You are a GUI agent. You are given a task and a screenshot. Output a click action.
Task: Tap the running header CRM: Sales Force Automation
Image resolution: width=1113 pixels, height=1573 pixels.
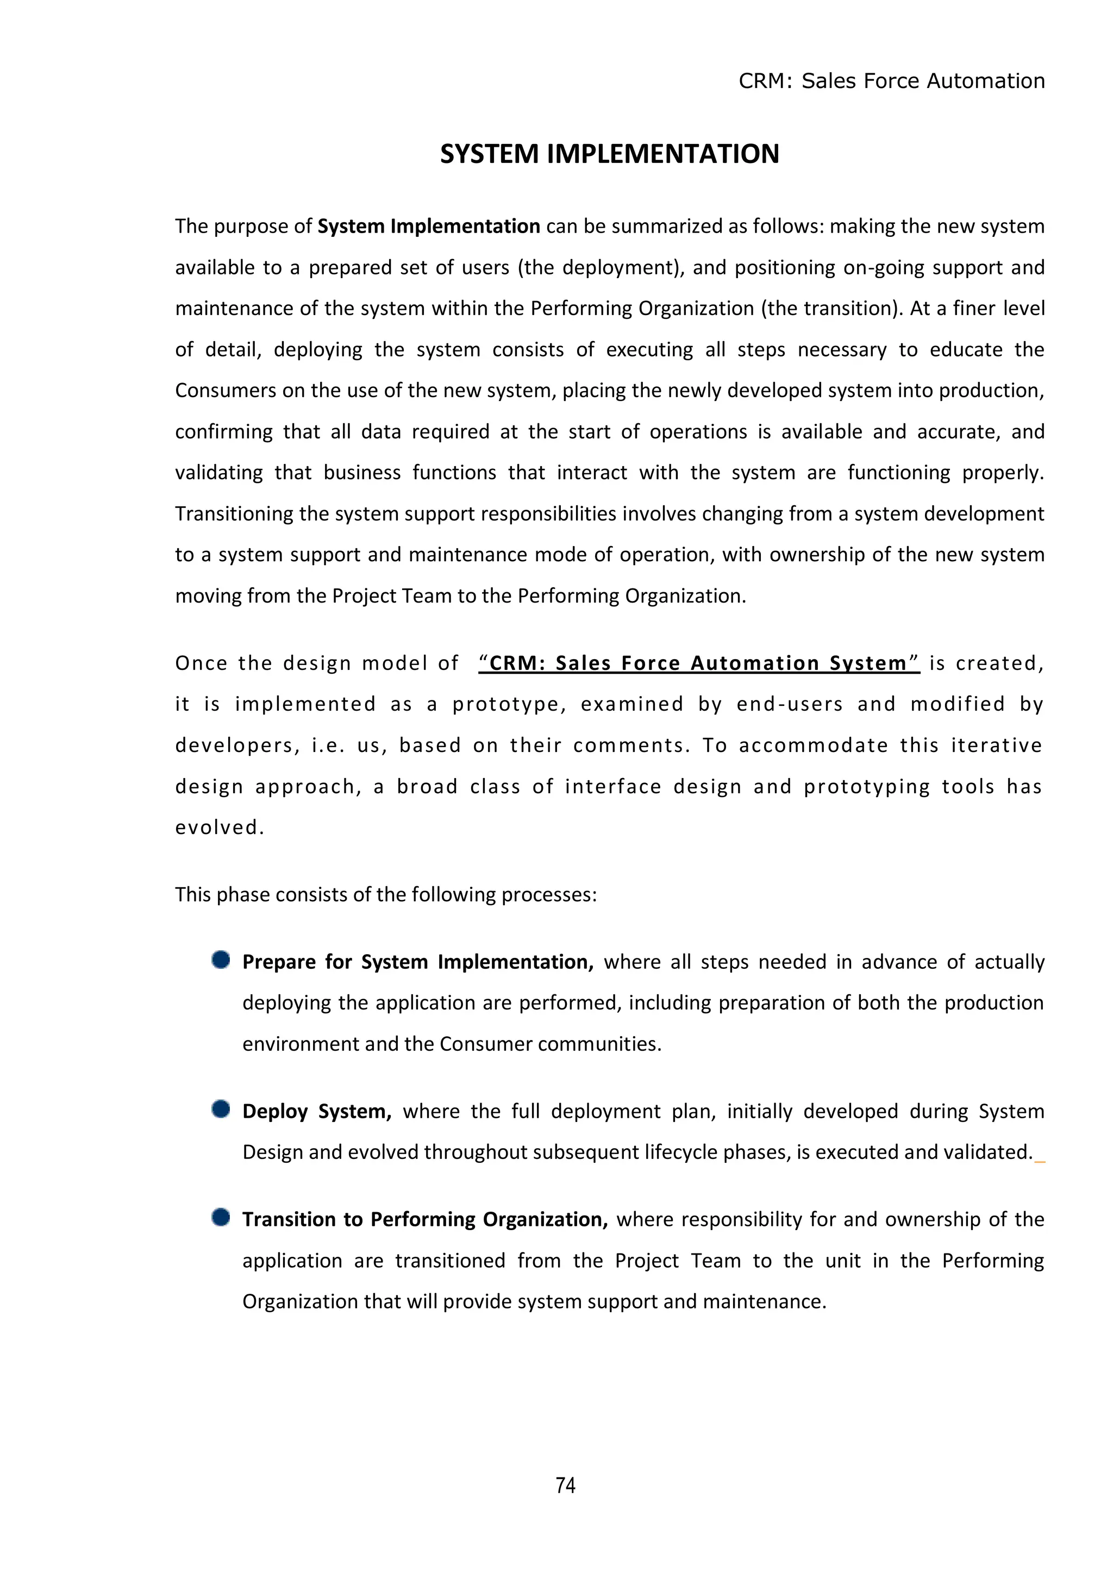click(x=891, y=81)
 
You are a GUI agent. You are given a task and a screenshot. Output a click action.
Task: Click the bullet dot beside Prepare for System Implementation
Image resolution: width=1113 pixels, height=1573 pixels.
click(x=221, y=960)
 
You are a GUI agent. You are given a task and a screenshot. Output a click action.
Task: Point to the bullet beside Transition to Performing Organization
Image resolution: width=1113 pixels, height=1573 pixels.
click(x=221, y=1218)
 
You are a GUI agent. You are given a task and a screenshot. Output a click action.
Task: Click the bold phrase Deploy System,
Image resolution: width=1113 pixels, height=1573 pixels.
click(x=317, y=1111)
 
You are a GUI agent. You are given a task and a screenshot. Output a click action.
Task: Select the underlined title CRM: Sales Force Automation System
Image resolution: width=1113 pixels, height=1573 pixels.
click(x=698, y=663)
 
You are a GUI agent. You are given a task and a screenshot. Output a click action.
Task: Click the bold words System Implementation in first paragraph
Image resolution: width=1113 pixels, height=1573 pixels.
click(x=428, y=226)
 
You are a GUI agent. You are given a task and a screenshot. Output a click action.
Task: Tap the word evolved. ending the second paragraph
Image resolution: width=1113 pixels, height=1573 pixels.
click(x=220, y=828)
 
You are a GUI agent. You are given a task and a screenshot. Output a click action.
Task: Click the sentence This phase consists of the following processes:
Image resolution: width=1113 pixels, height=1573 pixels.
click(x=386, y=895)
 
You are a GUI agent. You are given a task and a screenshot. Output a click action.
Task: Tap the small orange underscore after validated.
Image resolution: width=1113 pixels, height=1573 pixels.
click(x=1040, y=1161)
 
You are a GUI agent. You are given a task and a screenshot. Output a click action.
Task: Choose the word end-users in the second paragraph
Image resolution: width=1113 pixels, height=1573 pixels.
click(x=790, y=704)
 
